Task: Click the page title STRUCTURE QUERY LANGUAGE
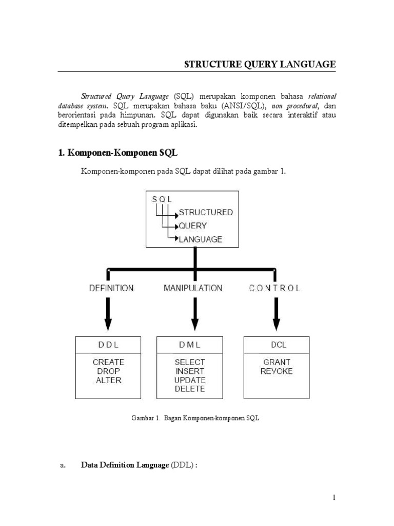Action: (x=260, y=64)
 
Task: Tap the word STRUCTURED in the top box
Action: (x=205, y=212)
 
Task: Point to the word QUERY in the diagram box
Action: (x=193, y=226)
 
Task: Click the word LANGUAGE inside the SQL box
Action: (x=200, y=239)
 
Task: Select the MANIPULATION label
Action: (x=193, y=288)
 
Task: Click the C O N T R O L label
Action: (x=275, y=288)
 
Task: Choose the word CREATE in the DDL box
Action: (x=108, y=362)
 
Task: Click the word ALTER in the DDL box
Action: (x=108, y=380)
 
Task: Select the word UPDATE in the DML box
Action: (x=190, y=380)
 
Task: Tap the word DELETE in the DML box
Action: (x=190, y=389)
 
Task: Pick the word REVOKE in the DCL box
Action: (x=276, y=371)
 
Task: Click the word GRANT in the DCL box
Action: (x=276, y=362)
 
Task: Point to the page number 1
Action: (x=333, y=497)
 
